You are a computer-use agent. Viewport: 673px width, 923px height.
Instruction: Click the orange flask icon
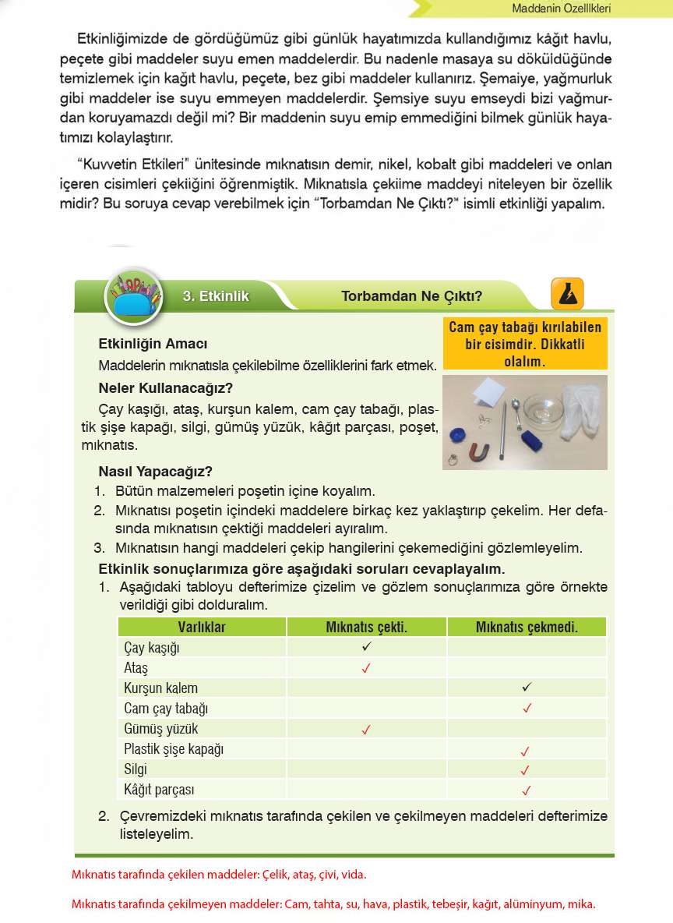(x=567, y=294)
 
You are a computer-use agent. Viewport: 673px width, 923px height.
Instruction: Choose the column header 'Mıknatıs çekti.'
(x=366, y=628)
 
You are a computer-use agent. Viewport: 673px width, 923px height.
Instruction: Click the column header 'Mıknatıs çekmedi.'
(x=527, y=628)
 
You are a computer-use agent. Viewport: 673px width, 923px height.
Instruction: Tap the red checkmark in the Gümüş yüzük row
(x=366, y=730)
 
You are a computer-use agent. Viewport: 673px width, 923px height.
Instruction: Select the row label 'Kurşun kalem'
(x=160, y=688)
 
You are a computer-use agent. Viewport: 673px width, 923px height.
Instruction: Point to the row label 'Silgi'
(x=136, y=769)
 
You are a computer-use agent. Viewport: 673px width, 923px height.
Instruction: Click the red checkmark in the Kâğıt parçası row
(x=527, y=790)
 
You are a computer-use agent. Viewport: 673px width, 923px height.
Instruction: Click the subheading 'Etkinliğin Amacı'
(x=153, y=344)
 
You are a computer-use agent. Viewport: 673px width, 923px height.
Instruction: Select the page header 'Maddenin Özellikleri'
(x=561, y=9)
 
